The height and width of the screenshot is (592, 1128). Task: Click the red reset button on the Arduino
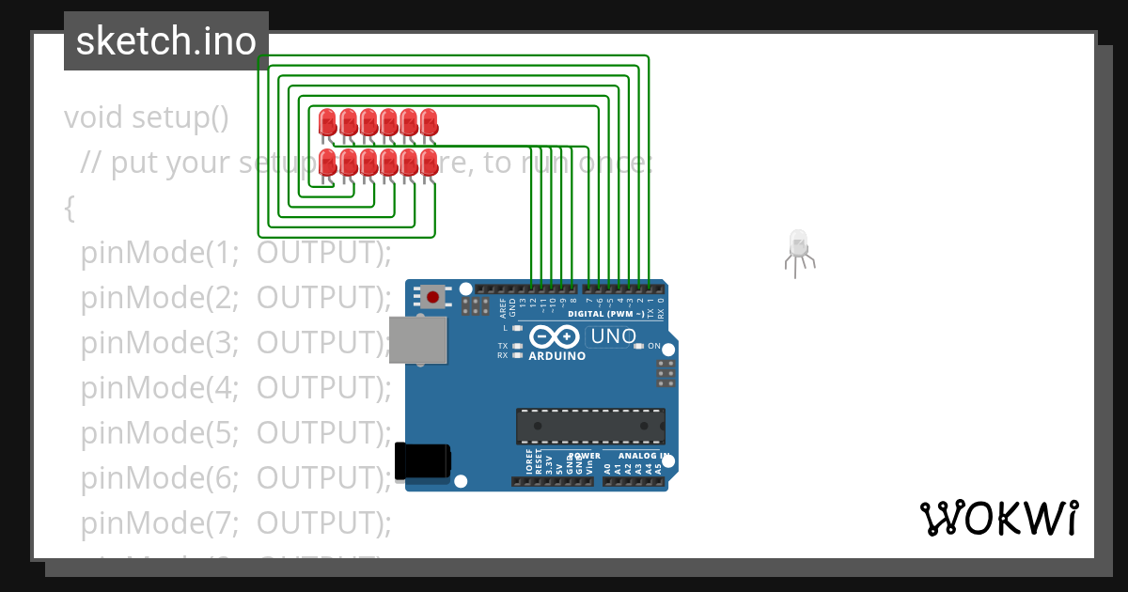432,298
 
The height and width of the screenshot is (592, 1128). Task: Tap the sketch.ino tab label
166,41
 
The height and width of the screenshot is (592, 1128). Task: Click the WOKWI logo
999,518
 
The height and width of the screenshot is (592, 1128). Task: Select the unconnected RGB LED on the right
798,246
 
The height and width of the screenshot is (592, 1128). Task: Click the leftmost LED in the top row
328,121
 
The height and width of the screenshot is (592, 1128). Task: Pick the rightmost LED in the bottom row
429,161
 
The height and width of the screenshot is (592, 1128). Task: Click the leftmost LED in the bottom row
328,161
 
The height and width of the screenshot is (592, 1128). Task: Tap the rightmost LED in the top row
429,121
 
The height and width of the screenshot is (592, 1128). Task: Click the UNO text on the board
612,336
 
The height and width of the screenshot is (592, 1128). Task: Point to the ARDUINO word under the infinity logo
557,357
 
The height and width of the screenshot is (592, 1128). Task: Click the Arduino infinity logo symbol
554,336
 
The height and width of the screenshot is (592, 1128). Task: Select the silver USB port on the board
418,338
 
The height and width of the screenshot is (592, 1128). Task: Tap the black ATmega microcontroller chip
590,426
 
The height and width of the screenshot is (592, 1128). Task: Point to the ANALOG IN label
643,457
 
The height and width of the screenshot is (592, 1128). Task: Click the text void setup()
147,118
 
